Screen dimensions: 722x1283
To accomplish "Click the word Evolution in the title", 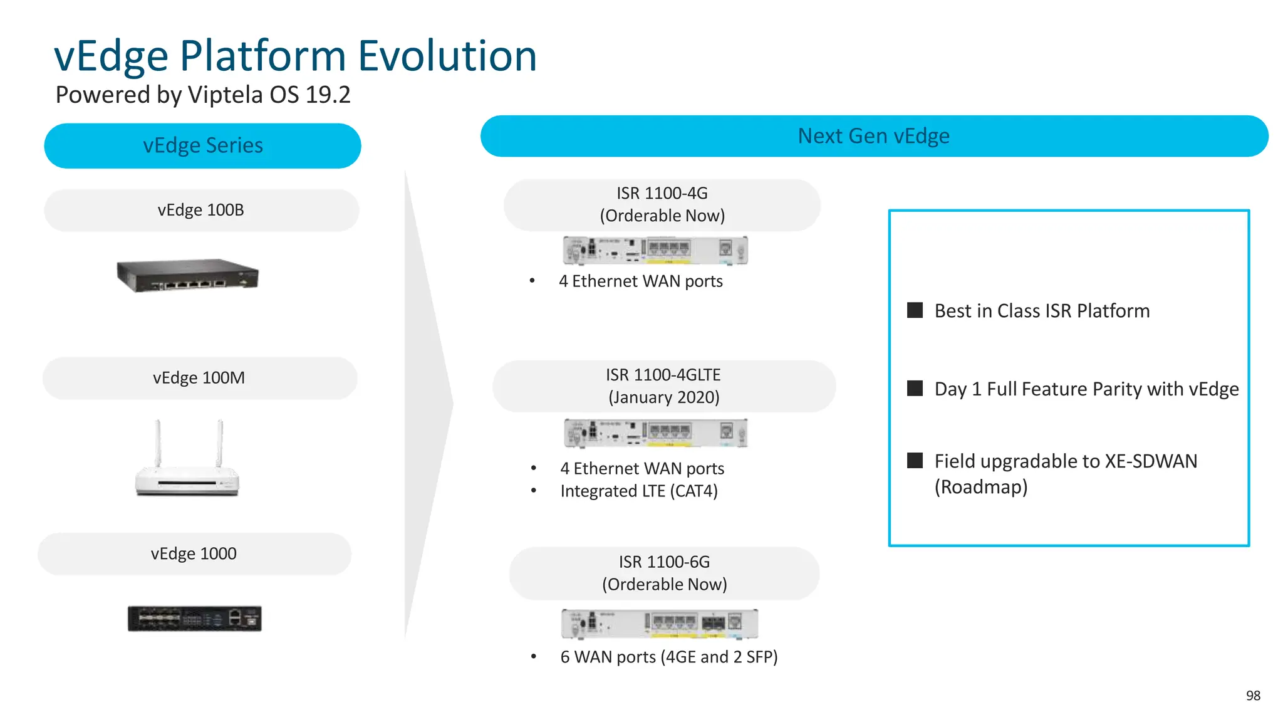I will (x=447, y=56).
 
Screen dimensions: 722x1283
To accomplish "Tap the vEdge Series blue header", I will (x=202, y=145).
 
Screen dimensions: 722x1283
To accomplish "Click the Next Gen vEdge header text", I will (x=873, y=136).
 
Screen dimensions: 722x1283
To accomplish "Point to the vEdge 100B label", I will (x=200, y=210).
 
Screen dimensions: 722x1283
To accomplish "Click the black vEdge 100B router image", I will (x=187, y=276).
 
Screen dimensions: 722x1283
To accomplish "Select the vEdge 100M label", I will (x=199, y=378).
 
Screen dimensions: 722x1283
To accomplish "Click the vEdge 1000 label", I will (x=194, y=554).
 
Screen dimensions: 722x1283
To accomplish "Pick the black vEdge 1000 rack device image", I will (x=194, y=619).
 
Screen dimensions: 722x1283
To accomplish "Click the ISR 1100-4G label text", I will (x=662, y=193).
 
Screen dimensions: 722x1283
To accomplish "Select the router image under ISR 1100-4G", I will (x=655, y=251).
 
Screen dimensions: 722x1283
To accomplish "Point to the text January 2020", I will (x=664, y=397).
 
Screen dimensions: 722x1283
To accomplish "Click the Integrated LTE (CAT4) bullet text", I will (x=638, y=491).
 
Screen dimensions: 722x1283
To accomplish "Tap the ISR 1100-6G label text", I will (x=664, y=562).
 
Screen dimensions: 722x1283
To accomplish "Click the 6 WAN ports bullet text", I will (x=668, y=657).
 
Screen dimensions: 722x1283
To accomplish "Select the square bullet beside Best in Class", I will (x=915, y=310).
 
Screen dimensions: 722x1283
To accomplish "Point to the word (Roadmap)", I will (x=980, y=487).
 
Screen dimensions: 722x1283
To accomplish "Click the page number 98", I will (x=1253, y=696).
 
